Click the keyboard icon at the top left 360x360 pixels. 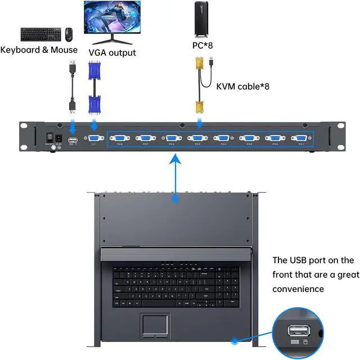click(41, 34)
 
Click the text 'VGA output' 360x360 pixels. click(112, 52)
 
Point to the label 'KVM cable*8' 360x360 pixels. click(243, 86)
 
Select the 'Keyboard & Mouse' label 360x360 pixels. click(39, 49)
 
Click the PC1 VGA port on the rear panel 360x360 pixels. click(300, 138)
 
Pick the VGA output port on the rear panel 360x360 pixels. click(93, 138)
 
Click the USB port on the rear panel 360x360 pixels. click(73, 139)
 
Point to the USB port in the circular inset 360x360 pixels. click(296, 330)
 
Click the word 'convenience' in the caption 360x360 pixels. click(298, 289)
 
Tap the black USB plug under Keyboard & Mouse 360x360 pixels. click(73, 105)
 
